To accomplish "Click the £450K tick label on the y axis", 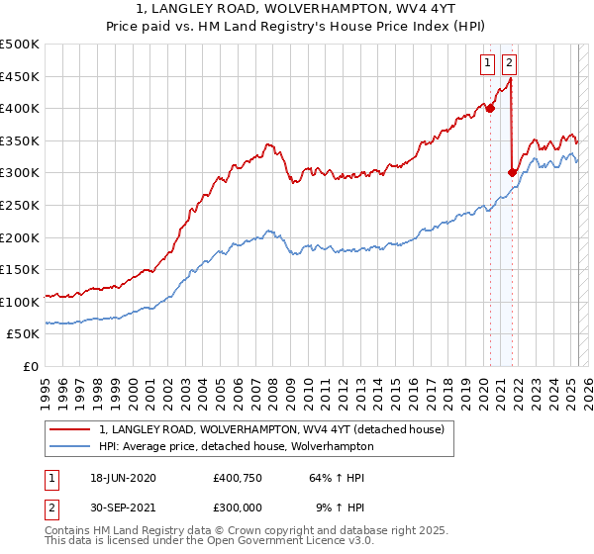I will point(20,76).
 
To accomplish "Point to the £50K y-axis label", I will point(24,334).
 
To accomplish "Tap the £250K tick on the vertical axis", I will point(20,205).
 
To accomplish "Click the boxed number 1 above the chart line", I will point(489,64).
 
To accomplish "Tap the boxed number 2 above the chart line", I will point(509,64).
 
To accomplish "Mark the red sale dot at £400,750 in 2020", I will point(490,109).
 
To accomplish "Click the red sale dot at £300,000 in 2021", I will point(512,173).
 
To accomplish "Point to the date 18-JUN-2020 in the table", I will point(125,479).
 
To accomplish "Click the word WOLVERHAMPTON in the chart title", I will point(315,10).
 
